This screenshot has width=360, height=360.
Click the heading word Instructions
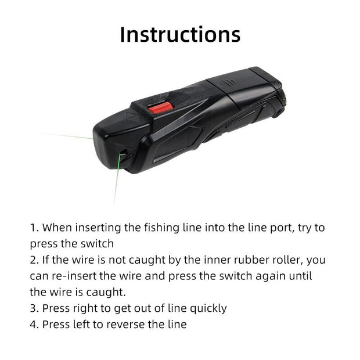click(180, 34)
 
